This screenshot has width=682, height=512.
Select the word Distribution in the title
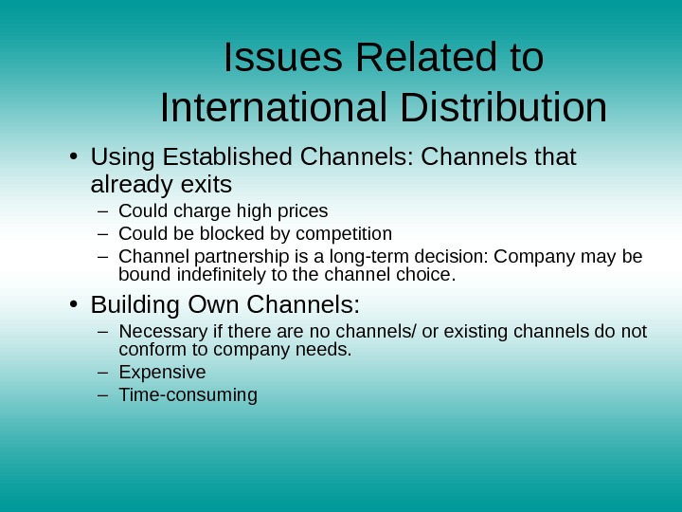point(504,108)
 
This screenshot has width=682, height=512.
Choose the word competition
point(344,233)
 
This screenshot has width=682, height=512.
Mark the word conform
point(151,349)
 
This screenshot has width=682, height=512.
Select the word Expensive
point(162,372)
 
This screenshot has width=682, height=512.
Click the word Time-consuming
point(188,394)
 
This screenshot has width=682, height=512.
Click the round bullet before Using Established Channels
point(72,155)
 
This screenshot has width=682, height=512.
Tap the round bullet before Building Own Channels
point(72,305)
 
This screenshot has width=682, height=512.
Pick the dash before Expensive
point(102,372)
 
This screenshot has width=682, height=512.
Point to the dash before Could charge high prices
point(102,210)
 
